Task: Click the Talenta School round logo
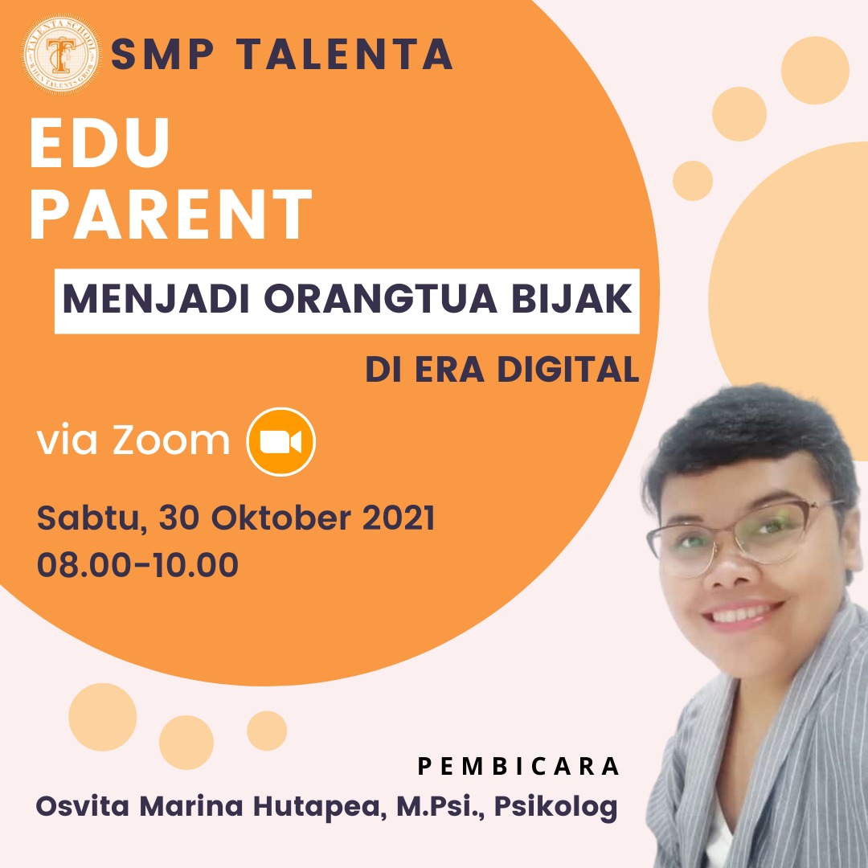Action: coord(61,54)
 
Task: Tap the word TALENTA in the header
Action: coord(346,55)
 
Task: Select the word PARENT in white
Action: coord(171,214)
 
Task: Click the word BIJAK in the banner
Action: coord(571,299)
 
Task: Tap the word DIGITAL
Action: coord(568,369)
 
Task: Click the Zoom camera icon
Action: coord(280,441)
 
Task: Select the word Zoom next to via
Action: coord(172,440)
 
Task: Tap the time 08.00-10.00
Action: coord(138,565)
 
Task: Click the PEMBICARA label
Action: coord(518,766)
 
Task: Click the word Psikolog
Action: coord(556,806)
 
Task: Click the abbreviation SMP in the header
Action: coord(162,55)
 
